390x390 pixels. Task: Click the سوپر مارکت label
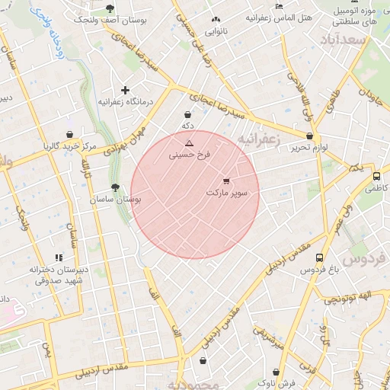pyautogui.click(x=227, y=193)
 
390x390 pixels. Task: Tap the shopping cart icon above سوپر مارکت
pyautogui.click(x=226, y=181)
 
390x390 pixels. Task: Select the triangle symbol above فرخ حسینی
pyautogui.click(x=190, y=143)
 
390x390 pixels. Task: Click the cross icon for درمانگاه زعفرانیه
pyautogui.click(x=126, y=90)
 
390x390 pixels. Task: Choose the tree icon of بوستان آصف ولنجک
pyautogui.click(x=110, y=8)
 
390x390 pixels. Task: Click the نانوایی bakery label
pyautogui.click(x=217, y=31)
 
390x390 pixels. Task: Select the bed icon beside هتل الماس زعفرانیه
pyautogui.click(x=279, y=6)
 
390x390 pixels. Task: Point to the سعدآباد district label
pyautogui.click(x=344, y=39)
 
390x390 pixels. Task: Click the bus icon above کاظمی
pyautogui.click(x=376, y=176)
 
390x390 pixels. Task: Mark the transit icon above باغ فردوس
pyautogui.click(x=319, y=257)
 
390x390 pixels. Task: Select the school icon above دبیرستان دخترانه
pyautogui.click(x=59, y=257)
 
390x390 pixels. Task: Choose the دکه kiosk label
pyautogui.click(x=187, y=126)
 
